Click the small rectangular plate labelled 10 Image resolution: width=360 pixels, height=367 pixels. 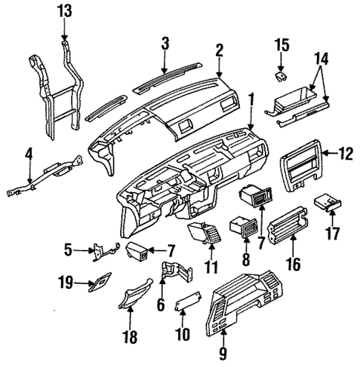click(186, 302)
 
